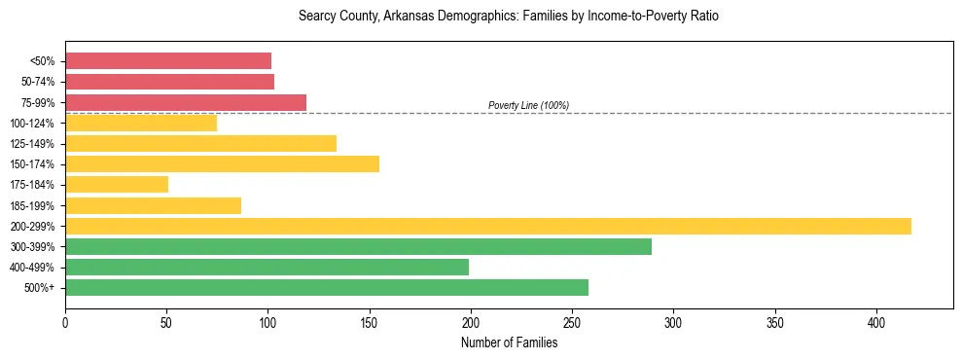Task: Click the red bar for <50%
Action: [x=168, y=61]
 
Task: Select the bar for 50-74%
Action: [x=169, y=82]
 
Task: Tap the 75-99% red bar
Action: [x=186, y=102]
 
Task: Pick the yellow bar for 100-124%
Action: [x=141, y=123]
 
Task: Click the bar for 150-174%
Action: [x=222, y=163]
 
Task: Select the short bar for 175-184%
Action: [x=117, y=184]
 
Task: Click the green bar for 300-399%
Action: [x=358, y=246]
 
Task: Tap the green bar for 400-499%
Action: [x=267, y=267]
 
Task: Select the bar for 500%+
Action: [x=327, y=287]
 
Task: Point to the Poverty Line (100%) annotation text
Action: [x=528, y=105]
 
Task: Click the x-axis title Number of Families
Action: [x=509, y=342]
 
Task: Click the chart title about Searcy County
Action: [x=509, y=17]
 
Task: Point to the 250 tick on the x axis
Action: [x=572, y=322]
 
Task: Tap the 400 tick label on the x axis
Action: [x=876, y=322]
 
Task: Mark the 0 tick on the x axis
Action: [x=65, y=322]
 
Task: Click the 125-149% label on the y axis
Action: [x=32, y=144]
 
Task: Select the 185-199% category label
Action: [x=32, y=205]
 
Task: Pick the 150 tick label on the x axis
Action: [x=370, y=322]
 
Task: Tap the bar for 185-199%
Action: [x=153, y=205]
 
